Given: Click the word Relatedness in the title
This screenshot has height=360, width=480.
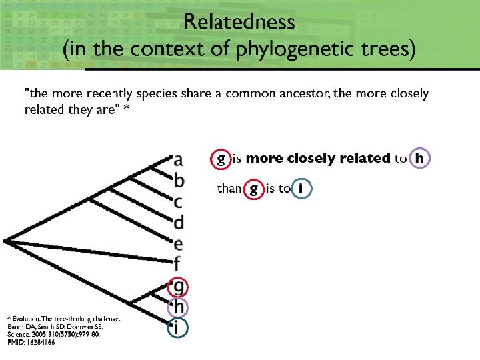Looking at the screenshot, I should pyautogui.click(x=239, y=21).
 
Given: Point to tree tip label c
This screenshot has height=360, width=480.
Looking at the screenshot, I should pyautogui.click(x=178, y=201).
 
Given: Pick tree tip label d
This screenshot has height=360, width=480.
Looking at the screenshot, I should pyautogui.click(x=179, y=221).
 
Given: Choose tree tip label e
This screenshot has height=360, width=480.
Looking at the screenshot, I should pyautogui.click(x=178, y=243).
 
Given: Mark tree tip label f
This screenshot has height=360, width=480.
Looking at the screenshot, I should pyautogui.click(x=178, y=263).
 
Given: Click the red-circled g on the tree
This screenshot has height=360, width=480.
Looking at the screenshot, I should pyautogui.click(x=179, y=287).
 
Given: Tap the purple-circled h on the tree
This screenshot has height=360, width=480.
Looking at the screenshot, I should pyautogui.click(x=179, y=307).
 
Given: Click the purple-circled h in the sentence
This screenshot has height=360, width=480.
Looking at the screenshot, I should pyautogui.click(x=419, y=159).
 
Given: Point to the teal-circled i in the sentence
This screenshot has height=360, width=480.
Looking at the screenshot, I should pyautogui.click(x=301, y=189).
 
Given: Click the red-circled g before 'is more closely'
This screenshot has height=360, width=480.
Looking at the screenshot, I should pyautogui.click(x=221, y=159).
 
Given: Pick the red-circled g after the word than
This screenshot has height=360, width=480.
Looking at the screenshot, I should pyautogui.click(x=253, y=189).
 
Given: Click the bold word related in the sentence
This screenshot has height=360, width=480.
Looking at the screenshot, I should pyautogui.click(x=365, y=159).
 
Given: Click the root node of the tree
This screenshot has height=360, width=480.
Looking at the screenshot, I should pyautogui.click(x=5, y=241).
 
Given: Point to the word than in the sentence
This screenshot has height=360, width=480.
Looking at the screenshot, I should pyautogui.click(x=229, y=189).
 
